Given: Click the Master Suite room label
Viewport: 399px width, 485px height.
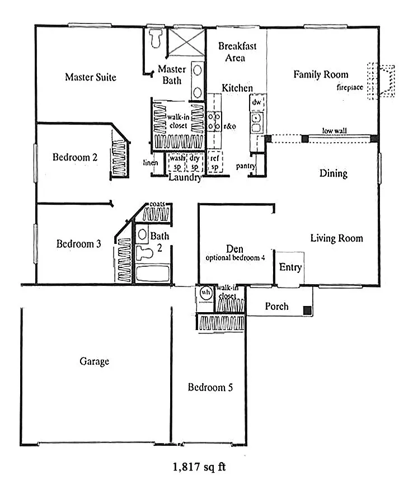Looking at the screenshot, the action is (x=91, y=77).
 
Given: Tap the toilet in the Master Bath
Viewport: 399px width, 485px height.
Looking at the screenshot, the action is (x=156, y=37).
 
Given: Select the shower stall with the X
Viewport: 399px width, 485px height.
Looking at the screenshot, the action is (x=186, y=43).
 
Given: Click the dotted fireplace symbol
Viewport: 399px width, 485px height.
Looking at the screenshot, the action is (x=381, y=81).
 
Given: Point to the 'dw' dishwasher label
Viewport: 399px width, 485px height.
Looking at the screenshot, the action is (x=257, y=102).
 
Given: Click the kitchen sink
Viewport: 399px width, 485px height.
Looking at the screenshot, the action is (x=256, y=122).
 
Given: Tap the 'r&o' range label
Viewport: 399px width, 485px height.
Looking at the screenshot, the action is (x=229, y=126).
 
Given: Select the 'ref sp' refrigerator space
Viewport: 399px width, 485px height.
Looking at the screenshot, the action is (x=215, y=162).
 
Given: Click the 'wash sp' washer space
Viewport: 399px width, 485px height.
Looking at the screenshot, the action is (x=177, y=162).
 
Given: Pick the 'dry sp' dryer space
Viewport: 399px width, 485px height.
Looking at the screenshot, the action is (x=194, y=162).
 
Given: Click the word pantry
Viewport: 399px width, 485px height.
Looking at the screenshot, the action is (x=246, y=166).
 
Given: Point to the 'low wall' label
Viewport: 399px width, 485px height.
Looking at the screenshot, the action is (x=334, y=130).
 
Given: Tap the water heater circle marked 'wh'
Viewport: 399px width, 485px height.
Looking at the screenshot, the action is (x=206, y=293).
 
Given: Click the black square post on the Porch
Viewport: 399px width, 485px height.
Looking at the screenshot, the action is (x=307, y=310).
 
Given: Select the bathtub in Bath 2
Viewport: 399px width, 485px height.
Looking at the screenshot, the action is (x=153, y=273).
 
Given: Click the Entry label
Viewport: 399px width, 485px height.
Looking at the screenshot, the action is (x=290, y=267).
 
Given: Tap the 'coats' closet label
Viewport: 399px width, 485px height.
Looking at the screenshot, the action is (x=157, y=204).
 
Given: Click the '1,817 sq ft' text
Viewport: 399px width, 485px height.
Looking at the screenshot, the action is (x=199, y=467).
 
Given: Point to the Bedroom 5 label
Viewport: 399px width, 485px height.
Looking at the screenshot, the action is (x=210, y=387).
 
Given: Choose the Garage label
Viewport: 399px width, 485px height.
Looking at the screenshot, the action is (x=95, y=361).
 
